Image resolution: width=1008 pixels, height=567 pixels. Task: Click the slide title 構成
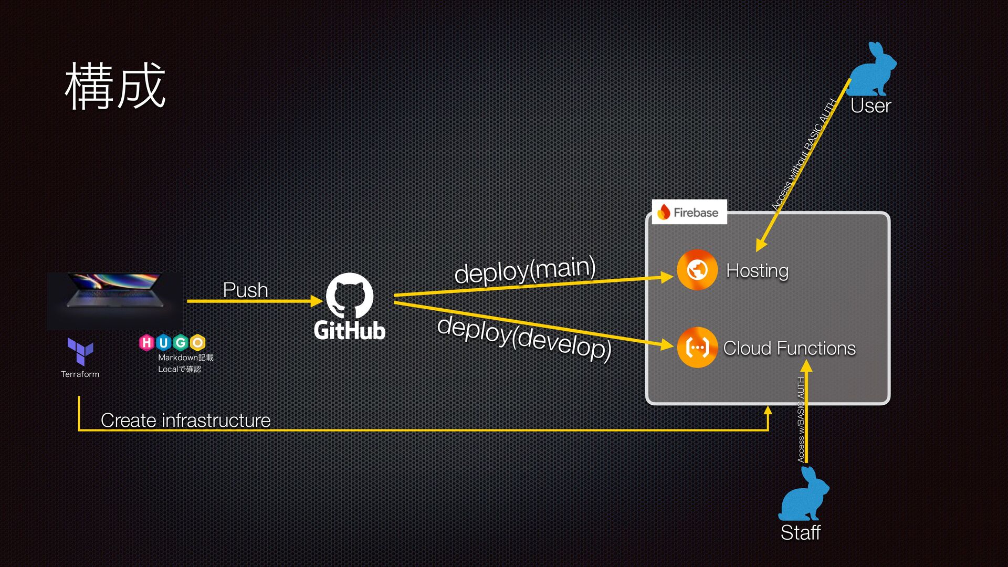pyautogui.click(x=115, y=86)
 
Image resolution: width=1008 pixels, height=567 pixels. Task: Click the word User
pyautogui.click(x=870, y=106)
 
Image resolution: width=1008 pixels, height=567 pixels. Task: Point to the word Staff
pyautogui.click(x=800, y=532)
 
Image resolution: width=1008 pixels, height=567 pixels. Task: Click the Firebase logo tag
pyautogui.click(x=689, y=212)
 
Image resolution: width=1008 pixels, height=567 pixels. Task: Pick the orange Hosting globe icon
pyautogui.click(x=697, y=270)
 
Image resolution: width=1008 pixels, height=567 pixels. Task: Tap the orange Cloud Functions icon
pyautogui.click(x=697, y=347)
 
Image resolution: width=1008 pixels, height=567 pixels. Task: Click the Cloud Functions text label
pyautogui.click(x=789, y=348)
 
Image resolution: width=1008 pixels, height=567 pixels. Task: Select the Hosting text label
pyautogui.click(x=757, y=270)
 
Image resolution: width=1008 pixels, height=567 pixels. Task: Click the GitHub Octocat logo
pyautogui.click(x=349, y=295)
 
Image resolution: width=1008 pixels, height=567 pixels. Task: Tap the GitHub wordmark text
pyautogui.click(x=349, y=331)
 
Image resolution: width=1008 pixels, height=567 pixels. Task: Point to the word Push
pyautogui.click(x=245, y=290)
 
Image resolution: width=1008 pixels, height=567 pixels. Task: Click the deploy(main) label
pyautogui.click(x=524, y=270)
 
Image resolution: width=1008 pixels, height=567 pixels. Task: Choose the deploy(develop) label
pyautogui.click(x=524, y=338)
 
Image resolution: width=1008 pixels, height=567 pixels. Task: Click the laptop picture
pyautogui.click(x=114, y=301)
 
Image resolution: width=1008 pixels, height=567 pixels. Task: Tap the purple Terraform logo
pyautogui.click(x=80, y=351)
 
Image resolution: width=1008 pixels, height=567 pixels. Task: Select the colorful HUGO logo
pyautogui.click(x=172, y=343)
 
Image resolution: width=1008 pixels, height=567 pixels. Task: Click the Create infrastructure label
pyautogui.click(x=185, y=420)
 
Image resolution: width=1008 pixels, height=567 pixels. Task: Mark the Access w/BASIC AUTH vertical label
pyautogui.click(x=801, y=420)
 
